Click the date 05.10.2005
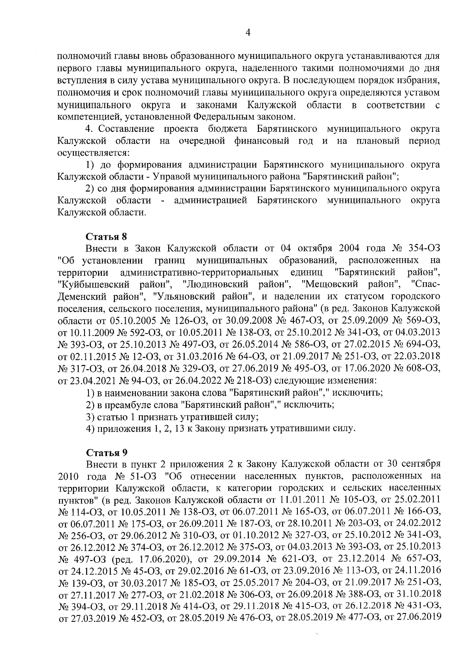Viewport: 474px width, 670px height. tap(122, 319)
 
